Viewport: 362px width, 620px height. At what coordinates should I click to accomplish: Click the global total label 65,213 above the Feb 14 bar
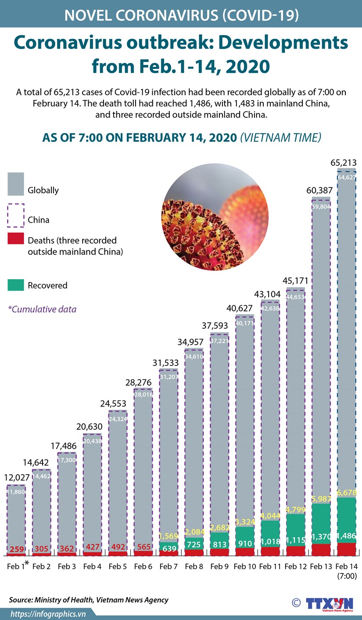[344, 162]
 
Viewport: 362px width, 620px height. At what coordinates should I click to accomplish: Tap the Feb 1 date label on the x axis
[16, 567]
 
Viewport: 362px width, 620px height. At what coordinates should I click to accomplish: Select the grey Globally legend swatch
[16, 184]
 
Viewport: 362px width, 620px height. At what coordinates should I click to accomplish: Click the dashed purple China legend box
[16, 215]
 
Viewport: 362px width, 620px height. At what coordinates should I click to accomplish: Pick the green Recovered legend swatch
[16, 285]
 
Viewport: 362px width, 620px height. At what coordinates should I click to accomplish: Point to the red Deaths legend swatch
[16, 239]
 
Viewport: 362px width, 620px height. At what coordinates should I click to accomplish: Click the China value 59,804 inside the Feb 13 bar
[321, 207]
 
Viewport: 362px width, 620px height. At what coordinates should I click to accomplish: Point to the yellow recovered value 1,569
[168, 536]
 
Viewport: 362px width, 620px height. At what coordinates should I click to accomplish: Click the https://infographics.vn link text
[48, 613]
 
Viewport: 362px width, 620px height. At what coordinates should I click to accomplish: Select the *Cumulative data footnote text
[42, 309]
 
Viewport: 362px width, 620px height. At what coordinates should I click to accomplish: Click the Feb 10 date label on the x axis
[244, 567]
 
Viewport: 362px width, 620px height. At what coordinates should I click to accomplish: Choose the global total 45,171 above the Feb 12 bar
[295, 280]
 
